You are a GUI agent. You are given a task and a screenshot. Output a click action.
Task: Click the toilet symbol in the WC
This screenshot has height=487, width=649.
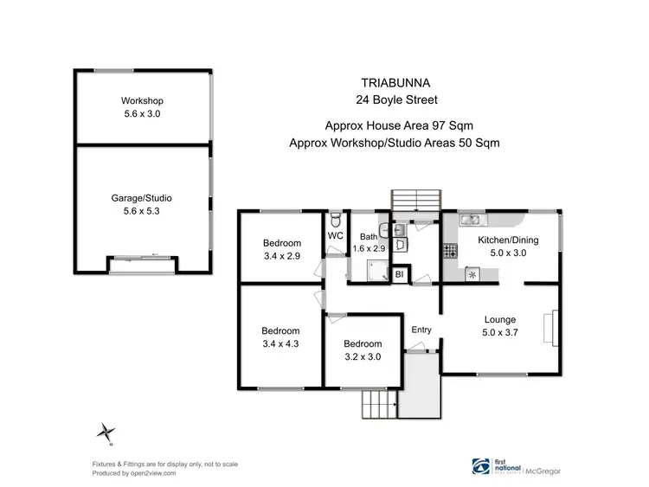[336, 219]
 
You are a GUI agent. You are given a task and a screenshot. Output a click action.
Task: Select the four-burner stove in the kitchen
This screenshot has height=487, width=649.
[450, 252]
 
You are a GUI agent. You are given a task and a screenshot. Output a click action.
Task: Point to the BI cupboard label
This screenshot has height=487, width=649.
[399, 275]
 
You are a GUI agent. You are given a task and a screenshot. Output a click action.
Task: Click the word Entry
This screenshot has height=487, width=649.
[421, 330]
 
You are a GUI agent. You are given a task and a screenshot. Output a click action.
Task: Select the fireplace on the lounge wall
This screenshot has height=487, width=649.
[547, 330]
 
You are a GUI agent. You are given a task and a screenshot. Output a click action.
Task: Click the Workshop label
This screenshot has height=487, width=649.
[143, 100]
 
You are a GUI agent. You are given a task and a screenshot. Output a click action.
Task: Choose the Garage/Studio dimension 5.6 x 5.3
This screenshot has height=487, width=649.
[143, 208]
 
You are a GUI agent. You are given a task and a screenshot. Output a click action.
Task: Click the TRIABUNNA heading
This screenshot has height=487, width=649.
[395, 85]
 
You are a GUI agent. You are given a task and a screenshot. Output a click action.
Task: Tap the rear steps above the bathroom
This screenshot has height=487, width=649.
[415, 200]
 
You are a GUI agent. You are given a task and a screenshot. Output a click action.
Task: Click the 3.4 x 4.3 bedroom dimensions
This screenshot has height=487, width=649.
[280, 343]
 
